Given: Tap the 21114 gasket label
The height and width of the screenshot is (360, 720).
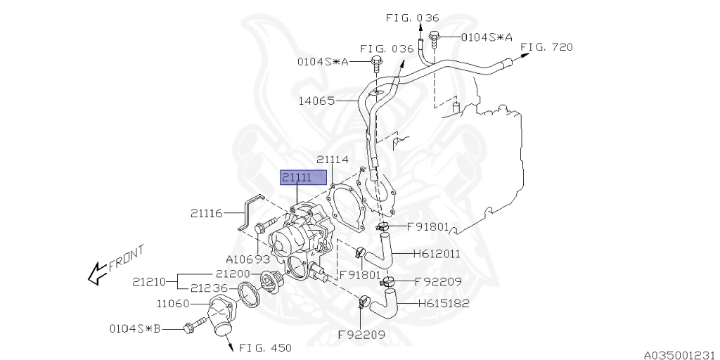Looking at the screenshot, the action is point(333,160).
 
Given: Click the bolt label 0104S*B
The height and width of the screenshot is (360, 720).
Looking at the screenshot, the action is point(135,328).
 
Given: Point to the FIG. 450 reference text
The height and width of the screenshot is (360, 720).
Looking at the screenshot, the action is point(265,347).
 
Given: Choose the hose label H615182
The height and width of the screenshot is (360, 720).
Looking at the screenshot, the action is point(444,304).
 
